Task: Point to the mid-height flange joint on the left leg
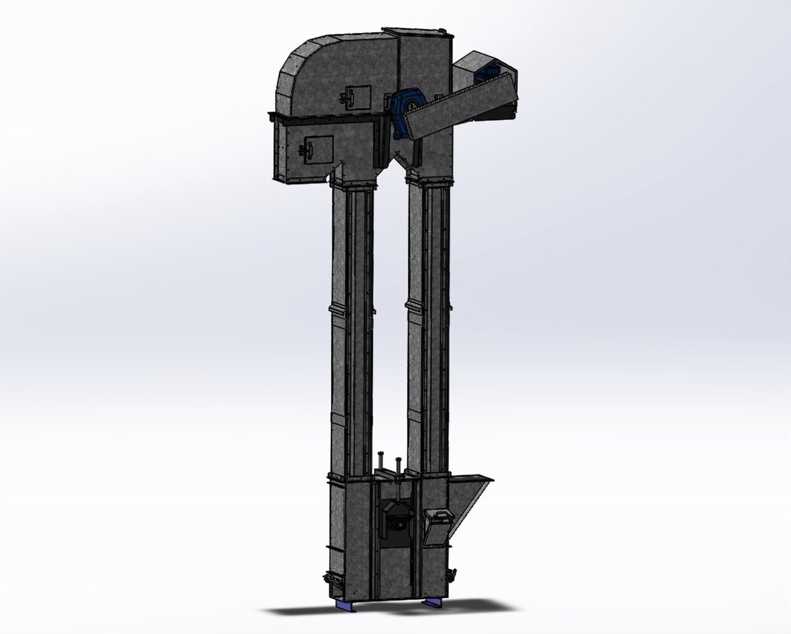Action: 351,309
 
